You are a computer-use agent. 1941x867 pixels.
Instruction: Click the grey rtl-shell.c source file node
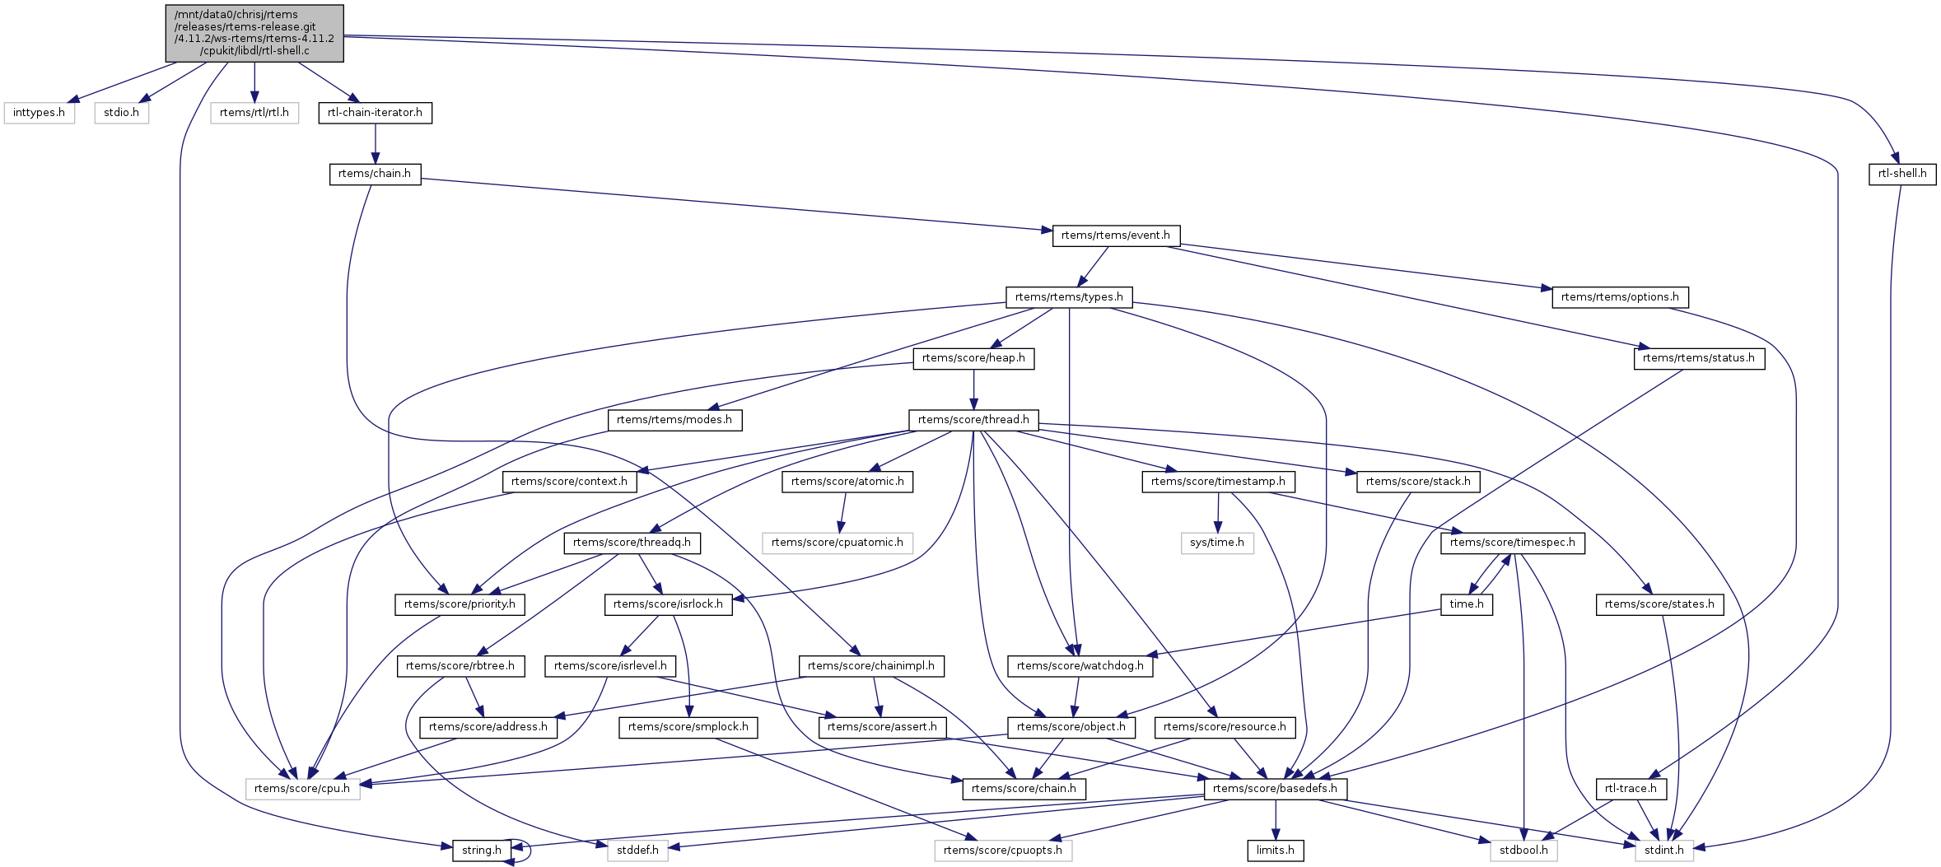[x=254, y=33]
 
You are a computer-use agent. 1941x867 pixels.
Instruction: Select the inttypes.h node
[x=39, y=113]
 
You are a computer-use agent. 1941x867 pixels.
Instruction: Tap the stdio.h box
[x=121, y=113]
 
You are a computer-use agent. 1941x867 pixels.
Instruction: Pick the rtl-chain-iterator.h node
[x=375, y=113]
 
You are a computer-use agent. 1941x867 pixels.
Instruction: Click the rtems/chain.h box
[x=375, y=174]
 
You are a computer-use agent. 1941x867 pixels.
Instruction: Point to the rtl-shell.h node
[x=1901, y=174]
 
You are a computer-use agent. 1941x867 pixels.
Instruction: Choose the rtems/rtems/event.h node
[x=1115, y=235]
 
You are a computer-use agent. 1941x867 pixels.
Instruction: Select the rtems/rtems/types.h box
[x=1069, y=297]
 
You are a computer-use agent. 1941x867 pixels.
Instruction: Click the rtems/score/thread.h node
[x=973, y=420]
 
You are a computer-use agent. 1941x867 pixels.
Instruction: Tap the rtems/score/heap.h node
[x=973, y=358]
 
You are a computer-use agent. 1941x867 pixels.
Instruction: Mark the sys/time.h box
[x=1217, y=543]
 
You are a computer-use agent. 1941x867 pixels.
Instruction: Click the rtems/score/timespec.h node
[x=1512, y=543]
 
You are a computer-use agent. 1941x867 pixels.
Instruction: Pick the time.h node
[x=1466, y=604]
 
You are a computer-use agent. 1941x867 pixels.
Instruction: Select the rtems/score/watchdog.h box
[x=1080, y=666]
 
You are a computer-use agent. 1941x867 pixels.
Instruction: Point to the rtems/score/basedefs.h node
[x=1275, y=789]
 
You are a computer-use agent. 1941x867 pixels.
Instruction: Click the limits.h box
[x=1275, y=851]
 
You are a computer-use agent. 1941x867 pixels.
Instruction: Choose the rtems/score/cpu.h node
[x=302, y=789]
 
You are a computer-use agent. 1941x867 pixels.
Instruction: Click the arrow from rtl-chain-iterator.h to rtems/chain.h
[x=376, y=143]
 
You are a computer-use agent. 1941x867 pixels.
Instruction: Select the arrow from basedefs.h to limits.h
[x=1275, y=819]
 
